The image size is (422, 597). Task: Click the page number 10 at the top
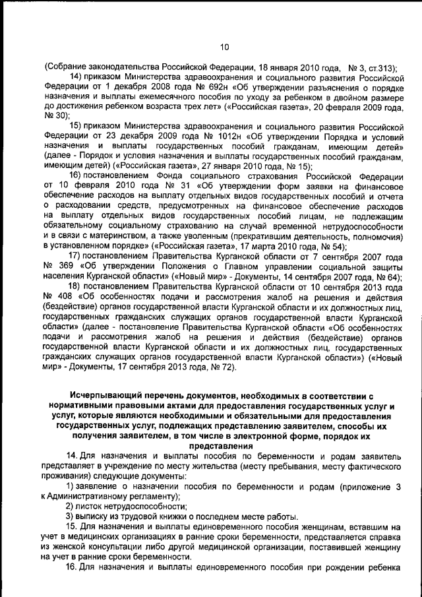[224, 47]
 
